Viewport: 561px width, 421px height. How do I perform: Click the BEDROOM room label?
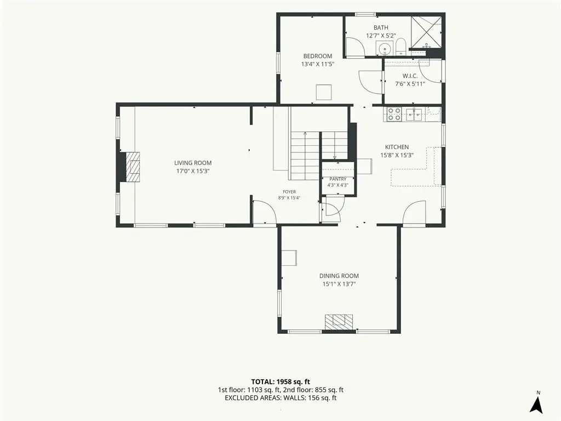point(317,56)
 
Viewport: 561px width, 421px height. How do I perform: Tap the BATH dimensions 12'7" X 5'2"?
point(381,36)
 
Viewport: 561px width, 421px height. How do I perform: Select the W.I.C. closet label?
point(410,76)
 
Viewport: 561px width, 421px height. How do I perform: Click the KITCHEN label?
point(397,147)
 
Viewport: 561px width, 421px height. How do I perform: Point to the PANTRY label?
point(337,179)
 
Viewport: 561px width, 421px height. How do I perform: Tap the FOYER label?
point(289,192)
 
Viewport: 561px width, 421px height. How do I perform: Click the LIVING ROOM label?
point(193,163)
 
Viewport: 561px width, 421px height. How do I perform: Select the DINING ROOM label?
point(339,276)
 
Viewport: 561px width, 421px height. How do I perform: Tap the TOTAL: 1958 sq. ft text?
point(280,382)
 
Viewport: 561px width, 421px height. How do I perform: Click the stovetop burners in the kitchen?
point(394,114)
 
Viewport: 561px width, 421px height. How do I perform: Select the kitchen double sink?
point(414,114)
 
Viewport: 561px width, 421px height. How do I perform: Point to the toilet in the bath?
point(400,47)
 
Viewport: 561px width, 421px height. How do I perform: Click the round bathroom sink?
point(385,48)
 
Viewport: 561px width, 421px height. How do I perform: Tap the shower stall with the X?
point(426,32)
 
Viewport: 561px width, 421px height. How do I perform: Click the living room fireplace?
point(129,167)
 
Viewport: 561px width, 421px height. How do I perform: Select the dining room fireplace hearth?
point(339,322)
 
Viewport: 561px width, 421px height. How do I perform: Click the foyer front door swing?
point(265,213)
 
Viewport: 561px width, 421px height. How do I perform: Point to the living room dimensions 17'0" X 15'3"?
point(193,171)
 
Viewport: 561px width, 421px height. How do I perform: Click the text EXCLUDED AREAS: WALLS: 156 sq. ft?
point(280,398)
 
